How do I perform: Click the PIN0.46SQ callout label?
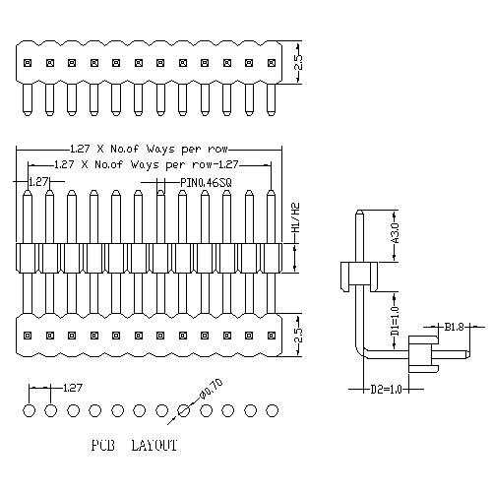(206, 182)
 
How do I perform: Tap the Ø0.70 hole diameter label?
(211, 389)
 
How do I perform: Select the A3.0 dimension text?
(396, 233)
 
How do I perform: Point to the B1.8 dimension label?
(454, 327)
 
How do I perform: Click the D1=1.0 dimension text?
(396, 321)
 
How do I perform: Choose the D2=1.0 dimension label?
(386, 390)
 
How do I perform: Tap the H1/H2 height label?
(296, 217)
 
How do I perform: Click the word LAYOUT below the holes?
(154, 445)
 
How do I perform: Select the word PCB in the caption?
(103, 445)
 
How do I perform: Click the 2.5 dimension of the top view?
(298, 62)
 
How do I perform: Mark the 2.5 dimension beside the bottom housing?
(298, 335)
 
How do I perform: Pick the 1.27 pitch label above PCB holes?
(72, 388)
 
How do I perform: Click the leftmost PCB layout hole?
(29, 410)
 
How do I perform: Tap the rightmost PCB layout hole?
(273, 410)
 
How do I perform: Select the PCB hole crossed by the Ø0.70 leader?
(184, 410)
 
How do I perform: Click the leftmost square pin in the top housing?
(28, 62)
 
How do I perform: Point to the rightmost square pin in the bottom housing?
(272, 336)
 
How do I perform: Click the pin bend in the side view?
(359, 352)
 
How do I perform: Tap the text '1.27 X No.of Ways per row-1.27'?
(146, 164)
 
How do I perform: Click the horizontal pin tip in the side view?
(466, 354)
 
